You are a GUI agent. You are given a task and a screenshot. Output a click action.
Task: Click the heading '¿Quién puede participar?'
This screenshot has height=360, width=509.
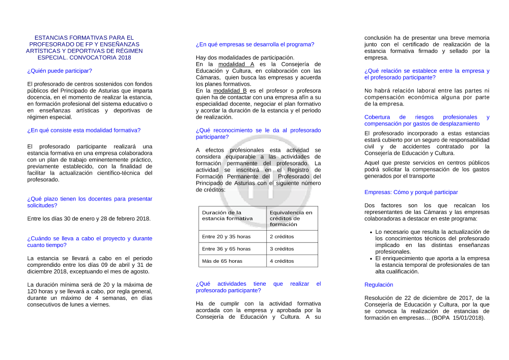point(60,71)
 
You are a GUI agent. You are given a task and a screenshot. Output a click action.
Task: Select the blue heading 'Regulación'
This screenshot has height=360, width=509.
point(379,285)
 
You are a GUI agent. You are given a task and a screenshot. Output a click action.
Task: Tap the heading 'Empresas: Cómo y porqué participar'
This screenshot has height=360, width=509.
point(411,192)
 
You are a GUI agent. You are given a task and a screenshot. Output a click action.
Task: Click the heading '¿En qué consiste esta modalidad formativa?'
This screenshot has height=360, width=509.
point(84,130)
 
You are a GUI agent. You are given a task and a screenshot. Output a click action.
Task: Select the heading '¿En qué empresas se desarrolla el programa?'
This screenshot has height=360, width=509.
point(255,44)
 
